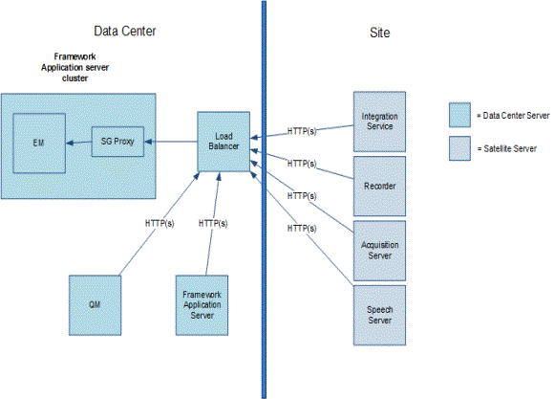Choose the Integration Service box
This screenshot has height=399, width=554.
379,121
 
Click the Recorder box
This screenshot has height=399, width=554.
379,185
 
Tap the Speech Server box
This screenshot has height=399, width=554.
379,317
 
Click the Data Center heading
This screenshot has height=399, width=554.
125,32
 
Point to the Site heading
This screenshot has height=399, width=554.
378,33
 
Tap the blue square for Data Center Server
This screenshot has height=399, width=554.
459,115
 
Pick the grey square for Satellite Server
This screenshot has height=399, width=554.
459,147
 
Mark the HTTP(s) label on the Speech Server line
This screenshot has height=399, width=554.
302,229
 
